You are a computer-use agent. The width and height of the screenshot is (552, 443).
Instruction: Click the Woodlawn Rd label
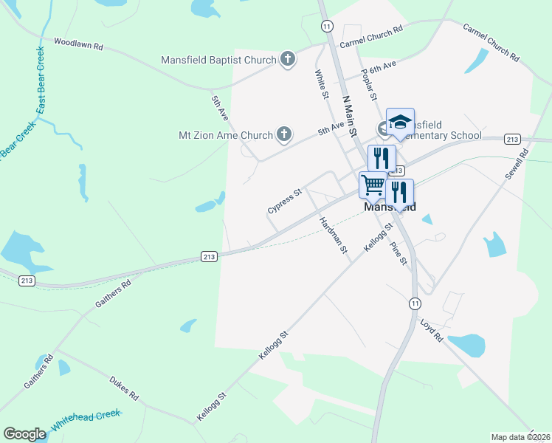[78, 44]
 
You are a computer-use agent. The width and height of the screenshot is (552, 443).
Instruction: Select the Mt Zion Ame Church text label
[226, 135]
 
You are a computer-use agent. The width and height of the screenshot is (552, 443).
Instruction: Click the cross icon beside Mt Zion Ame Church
[283, 134]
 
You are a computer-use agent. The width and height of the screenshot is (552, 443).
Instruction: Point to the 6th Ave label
[383, 66]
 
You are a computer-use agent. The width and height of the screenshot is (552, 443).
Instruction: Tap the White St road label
[321, 84]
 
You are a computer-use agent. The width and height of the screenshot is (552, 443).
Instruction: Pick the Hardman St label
[334, 236]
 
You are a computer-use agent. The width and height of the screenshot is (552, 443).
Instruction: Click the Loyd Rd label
[431, 330]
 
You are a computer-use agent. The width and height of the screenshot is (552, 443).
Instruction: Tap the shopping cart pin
[373, 184]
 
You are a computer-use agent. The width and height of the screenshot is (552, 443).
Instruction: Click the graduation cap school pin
[400, 122]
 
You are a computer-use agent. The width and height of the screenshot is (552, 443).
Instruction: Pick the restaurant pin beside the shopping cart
[399, 192]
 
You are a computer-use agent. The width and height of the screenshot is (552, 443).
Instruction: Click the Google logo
[24, 434]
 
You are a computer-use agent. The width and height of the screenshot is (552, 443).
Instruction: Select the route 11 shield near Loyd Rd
[415, 303]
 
